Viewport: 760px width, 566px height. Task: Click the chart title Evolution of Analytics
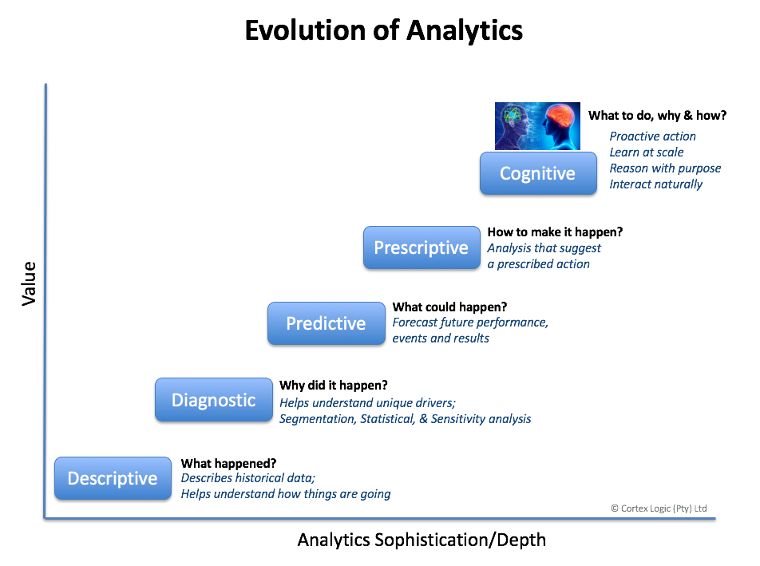tap(383, 30)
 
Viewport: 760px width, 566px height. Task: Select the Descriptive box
tap(113, 478)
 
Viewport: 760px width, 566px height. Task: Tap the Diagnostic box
tap(214, 400)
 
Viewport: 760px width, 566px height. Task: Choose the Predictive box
tap(327, 323)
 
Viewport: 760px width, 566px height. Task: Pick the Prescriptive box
tap(422, 247)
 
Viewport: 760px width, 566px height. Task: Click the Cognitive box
tap(538, 173)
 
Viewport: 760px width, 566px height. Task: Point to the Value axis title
tap(29, 283)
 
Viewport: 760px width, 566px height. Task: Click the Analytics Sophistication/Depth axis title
tap(422, 540)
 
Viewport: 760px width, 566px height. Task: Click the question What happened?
tap(229, 463)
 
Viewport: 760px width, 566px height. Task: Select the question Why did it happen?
tap(334, 386)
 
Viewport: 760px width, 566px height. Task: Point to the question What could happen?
tap(449, 307)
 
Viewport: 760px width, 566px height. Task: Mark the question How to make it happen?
tap(555, 232)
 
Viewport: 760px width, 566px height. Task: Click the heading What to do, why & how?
tap(657, 115)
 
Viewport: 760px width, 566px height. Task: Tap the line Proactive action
tap(652, 137)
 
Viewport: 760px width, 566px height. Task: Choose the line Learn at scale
tap(646, 152)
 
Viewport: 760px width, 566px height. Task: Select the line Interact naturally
tap(655, 184)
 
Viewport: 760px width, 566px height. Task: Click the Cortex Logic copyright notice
tap(659, 509)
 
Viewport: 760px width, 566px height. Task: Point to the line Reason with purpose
tap(665, 168)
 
